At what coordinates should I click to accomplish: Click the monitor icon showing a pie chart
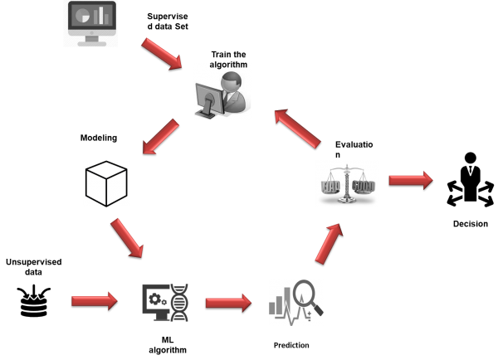[x=90, y=22]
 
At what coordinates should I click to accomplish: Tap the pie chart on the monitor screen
[x=81, y=14]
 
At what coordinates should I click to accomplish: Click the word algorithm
[x=228, y=66]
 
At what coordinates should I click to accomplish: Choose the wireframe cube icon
[x=106, y=183]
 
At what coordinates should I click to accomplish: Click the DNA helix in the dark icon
[x=178, y=304]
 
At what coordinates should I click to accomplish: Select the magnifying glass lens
[x=305, y=294]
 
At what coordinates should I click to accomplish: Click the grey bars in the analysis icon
[x=280, y=304]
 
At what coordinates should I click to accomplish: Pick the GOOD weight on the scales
[x=364, y=187]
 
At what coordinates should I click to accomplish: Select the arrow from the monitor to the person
[x=161, y=53]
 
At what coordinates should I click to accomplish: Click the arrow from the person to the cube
[x=161, y=136]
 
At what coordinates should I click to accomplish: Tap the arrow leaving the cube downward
[x=127, y=237]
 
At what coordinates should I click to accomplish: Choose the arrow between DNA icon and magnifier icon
[x=228, y=303]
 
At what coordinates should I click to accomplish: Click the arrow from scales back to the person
[x=297, y=129]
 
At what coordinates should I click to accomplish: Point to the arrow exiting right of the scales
[x=410, y=180]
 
